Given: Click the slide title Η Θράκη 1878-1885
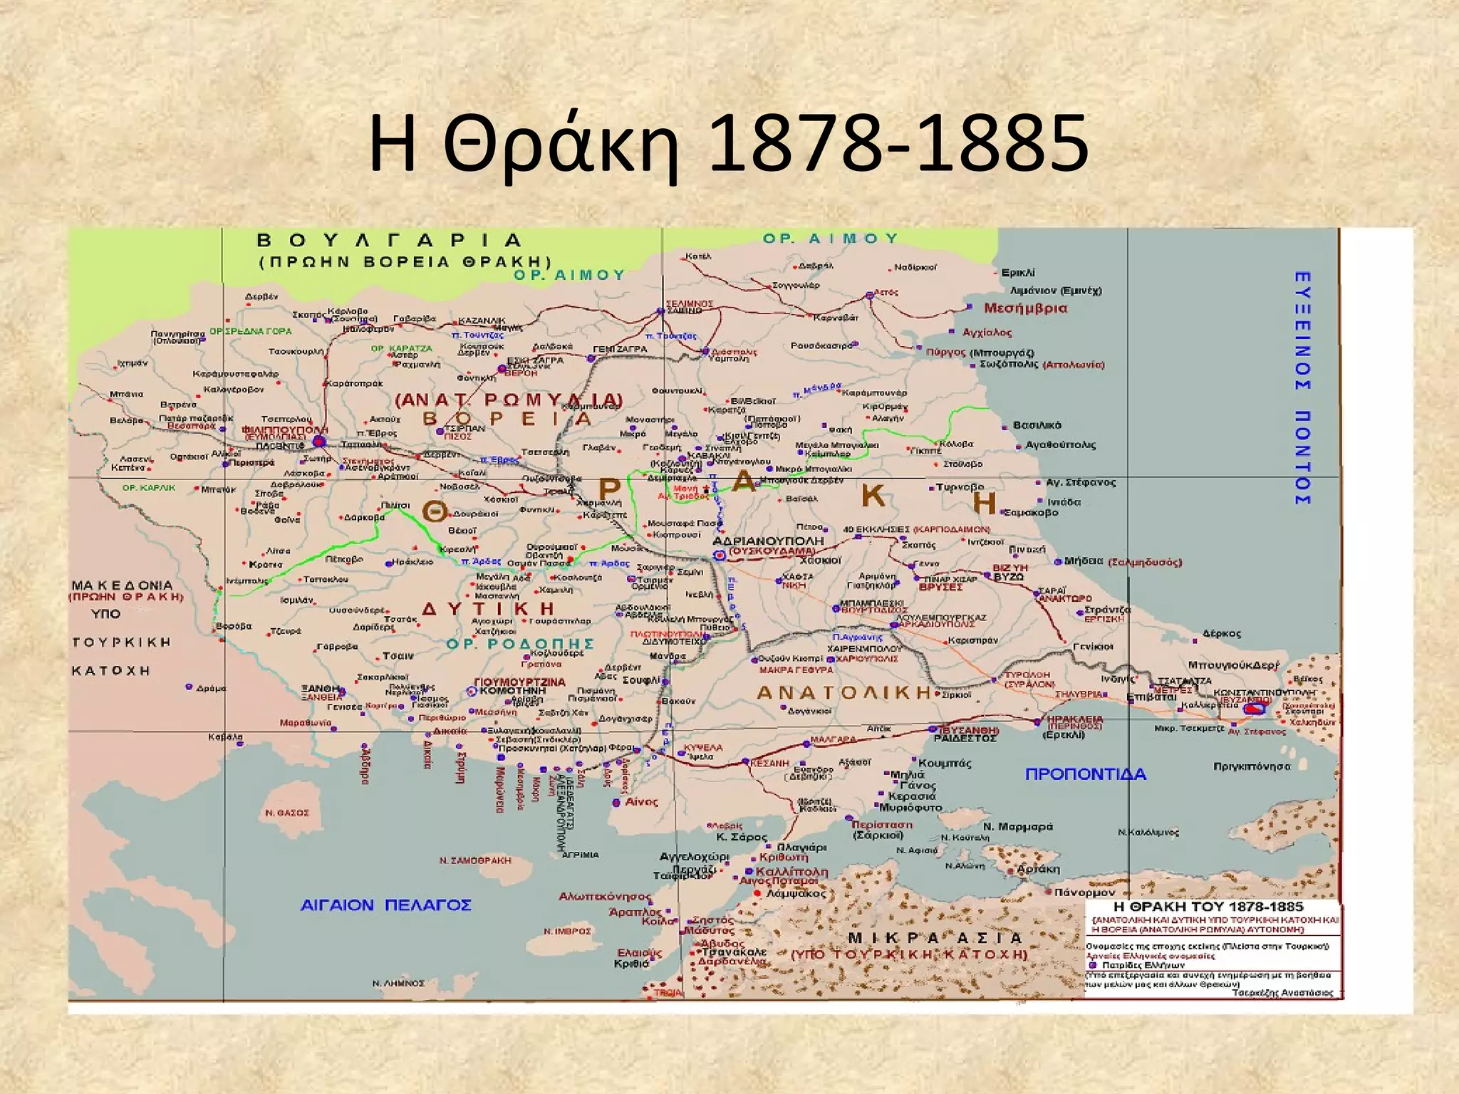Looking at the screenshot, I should [x=728, y=145].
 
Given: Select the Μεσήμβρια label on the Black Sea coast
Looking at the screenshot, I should [x=1025, y=308].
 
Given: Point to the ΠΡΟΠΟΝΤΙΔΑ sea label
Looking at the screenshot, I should [x=1085, y=774].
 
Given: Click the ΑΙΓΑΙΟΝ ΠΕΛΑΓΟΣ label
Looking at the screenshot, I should [x=385, y=905].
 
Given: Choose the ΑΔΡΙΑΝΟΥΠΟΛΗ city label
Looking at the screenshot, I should [x=768, y=541].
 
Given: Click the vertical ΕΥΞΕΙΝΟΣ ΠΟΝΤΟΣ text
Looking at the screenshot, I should [x=1302, y=388].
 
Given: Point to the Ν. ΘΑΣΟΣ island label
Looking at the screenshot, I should [x=287, y=813].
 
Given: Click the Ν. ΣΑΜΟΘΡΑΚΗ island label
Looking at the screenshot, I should [x=475, y=860].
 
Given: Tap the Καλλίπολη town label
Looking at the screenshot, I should [x=791, y=872].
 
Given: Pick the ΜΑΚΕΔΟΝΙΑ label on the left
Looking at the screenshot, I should [x=122, y=585].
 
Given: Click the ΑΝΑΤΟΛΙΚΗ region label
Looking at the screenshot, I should [x=843, y=692].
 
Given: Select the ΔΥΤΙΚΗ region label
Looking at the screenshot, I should [x=488, y=609].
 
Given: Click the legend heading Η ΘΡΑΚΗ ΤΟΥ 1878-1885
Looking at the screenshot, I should [x=1208, y=907].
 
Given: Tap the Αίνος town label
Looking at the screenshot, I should [x=641, y=802].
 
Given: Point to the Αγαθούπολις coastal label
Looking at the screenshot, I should [x=1060, y=445].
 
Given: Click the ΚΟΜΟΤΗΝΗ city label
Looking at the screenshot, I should [x=512, y=691].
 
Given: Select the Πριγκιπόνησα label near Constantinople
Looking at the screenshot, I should [x=1252, y=766].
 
